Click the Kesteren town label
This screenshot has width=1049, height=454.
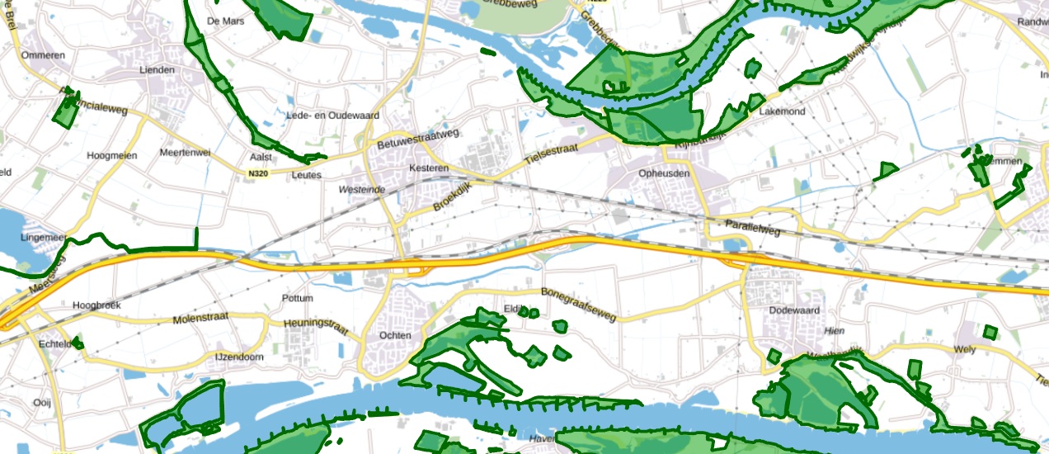point(427,168)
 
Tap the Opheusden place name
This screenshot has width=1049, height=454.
point(663,173)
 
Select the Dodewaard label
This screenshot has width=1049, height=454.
point(791,310)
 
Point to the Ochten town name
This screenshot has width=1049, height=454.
point(394,336)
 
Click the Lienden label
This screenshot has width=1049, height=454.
point(158,69)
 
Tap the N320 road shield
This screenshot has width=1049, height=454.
point(257,173)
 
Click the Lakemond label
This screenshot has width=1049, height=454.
point(782,111)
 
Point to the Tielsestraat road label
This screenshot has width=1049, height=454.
point(556,154)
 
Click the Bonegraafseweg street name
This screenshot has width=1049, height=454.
point(578,304)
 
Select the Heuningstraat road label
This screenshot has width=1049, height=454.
point(317,327)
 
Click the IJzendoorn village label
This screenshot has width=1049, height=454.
point(239,357)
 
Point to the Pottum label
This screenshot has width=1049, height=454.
point(298,298)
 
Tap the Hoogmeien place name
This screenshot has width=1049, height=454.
point(111,155)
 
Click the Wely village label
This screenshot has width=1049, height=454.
point(964,349)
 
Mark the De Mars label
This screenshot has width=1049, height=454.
point(226,21)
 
